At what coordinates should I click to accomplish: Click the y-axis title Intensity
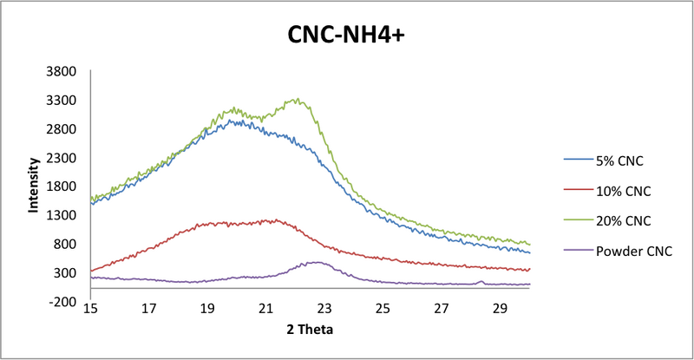(34, 185)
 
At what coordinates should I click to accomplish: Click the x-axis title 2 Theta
(309, 330)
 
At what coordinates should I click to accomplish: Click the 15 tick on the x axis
(90, 308)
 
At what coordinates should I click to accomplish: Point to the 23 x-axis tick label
(324, 308)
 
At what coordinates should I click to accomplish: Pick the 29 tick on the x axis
(500, 308)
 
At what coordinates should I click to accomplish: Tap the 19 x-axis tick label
(207, 308)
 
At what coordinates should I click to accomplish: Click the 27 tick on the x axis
(442, 308)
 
